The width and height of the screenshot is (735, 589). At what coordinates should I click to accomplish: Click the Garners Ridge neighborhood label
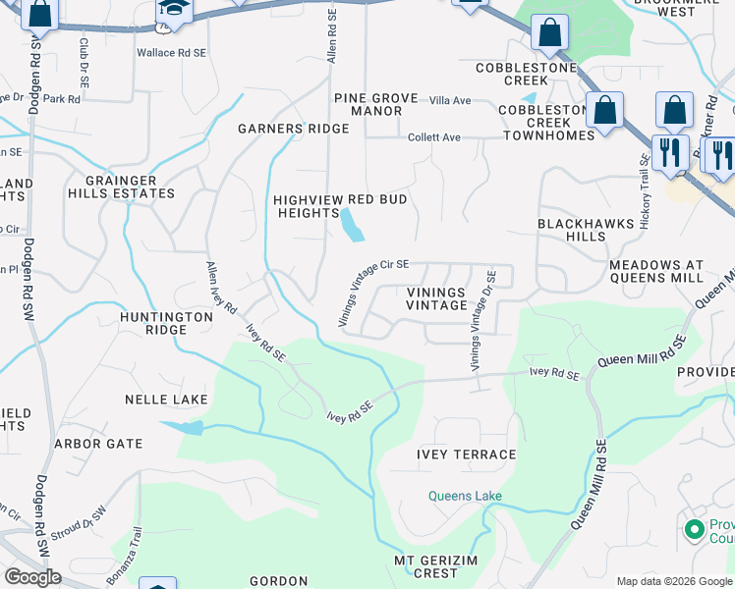(x=293, y=129)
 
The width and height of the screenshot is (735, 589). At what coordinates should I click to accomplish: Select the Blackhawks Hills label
(x=586, y=231)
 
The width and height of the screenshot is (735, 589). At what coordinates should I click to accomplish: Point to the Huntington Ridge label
(x=167, y=324)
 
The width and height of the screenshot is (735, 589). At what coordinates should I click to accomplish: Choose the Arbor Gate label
(x=98, y=444)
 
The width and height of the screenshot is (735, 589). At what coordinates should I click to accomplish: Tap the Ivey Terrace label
(x=466, y=455)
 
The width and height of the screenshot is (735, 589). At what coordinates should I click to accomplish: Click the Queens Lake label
(x=465, y=496)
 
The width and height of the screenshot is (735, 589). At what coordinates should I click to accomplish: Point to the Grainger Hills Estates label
(x=121, y=187)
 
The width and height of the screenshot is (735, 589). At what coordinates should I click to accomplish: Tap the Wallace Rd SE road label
(x=171, y=51)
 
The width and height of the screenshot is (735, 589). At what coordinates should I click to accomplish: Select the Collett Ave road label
(x=433, y=137)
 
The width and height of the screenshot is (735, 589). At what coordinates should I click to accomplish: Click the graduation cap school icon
(x=174, y=9)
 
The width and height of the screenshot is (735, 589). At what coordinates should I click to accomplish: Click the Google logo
(x=32, y=577)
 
